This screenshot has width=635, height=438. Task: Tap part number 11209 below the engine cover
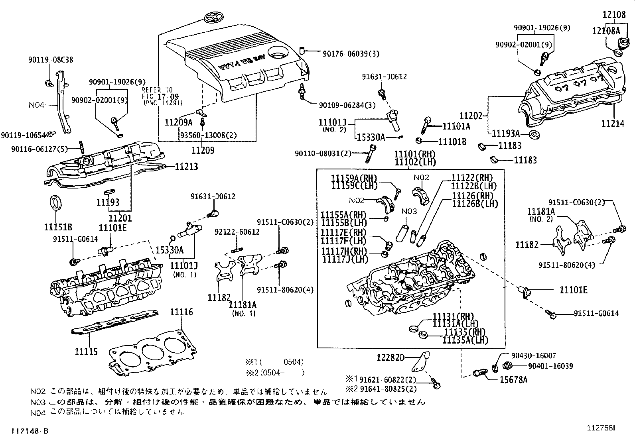(203, 150)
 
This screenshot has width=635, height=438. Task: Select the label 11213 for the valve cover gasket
(186, 167)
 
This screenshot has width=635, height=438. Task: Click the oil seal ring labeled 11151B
(55, 202)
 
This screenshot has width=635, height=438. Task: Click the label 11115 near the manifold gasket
(86, 352)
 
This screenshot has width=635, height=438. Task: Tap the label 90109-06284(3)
(347, 105)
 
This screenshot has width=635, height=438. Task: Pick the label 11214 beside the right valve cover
(613, 124)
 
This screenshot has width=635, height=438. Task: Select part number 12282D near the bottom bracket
(391, 358)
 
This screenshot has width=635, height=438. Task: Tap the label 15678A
(513, 380)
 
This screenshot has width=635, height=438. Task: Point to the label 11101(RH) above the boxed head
(415, 154)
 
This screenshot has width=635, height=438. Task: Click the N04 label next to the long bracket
(37, 105)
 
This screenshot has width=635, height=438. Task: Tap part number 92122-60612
(237, 232)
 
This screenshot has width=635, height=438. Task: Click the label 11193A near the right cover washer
(505, 133)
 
